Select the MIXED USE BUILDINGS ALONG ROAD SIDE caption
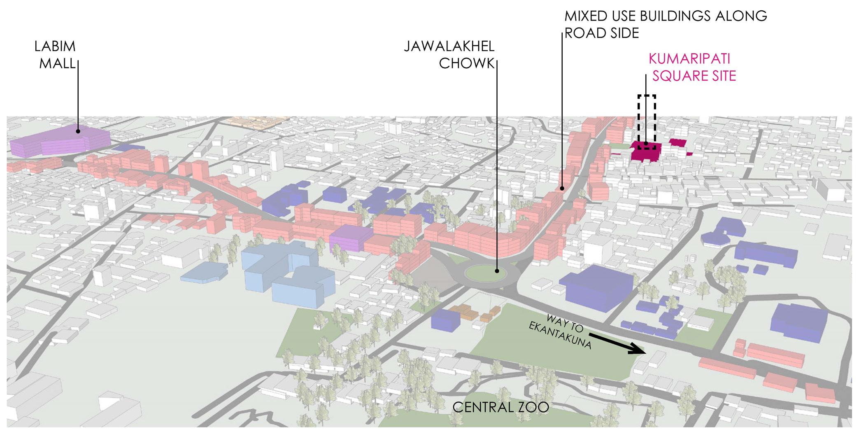click(x=665, y=24)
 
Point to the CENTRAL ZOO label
click(x=501, y=407)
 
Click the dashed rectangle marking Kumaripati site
click(x=647, y=122)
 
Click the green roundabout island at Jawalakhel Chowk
click(x=486, y=272)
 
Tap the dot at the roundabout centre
click(x=497, y=271)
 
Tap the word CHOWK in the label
click(x=466, y=64)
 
